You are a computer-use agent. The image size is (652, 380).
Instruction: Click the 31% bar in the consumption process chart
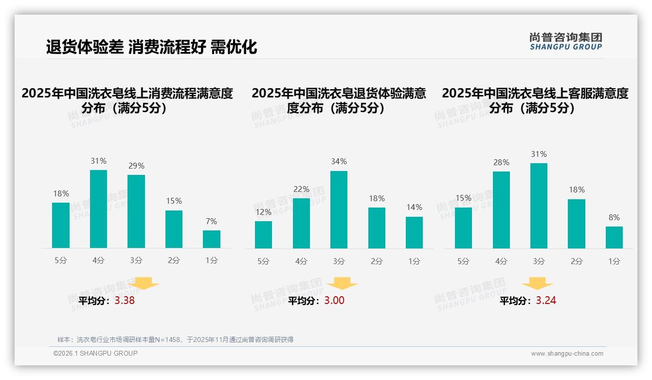point(98,209)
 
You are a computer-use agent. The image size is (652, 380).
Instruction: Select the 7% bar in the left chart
point(212,239)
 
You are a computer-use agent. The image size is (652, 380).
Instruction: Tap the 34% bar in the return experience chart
point(339,209)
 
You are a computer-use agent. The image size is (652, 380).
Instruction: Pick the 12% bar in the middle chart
point(263,235)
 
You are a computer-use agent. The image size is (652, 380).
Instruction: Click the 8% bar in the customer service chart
point(614,237)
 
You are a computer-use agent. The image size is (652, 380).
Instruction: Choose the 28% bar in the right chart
point(501,210)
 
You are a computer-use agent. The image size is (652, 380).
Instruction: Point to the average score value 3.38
point(125,301)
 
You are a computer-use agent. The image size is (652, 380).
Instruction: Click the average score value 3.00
point(334,301)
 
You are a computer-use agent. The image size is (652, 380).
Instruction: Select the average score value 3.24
point(546,301)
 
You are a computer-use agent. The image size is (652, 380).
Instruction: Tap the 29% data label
point(136,166)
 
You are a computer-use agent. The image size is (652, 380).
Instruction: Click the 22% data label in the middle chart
point(301,190)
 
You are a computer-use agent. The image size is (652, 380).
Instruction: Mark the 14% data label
point(414,208)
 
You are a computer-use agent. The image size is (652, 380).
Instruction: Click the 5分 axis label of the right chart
point(463,262)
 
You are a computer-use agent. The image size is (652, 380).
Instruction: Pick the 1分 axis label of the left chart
point(212,261)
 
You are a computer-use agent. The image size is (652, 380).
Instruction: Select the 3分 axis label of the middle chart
point(339,262)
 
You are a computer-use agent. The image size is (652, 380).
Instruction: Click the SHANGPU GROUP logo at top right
point(566,41)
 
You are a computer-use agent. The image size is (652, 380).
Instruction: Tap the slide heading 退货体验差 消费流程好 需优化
point(151,47)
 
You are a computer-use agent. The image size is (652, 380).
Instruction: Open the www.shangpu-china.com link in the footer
point(567,354)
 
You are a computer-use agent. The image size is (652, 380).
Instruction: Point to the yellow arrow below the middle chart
point(342,283)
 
